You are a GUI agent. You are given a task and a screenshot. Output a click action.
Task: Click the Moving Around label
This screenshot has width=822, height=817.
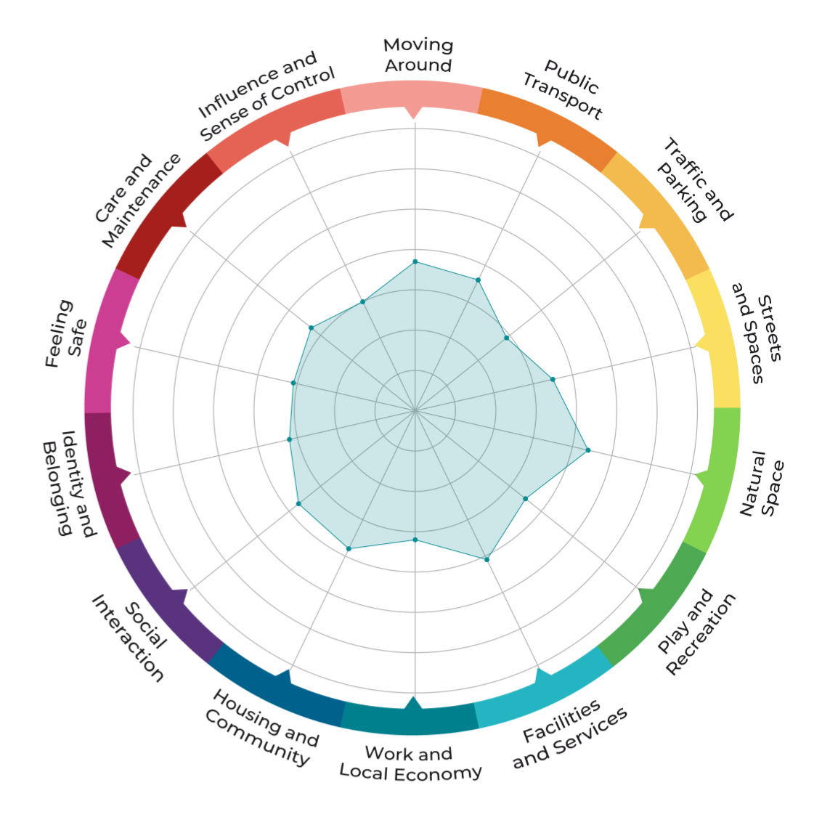coord(418,55)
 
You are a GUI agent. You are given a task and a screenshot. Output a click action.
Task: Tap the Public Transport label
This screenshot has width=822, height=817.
coord(563,89)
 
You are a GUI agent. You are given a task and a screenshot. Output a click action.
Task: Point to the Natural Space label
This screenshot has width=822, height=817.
coord(762,484)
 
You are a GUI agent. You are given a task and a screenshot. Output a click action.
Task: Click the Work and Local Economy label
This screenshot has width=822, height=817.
coord(410,763)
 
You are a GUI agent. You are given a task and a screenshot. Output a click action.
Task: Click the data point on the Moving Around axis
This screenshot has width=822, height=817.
coord(415,261)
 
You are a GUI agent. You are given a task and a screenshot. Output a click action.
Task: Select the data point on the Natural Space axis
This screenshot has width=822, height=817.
coord(587,450)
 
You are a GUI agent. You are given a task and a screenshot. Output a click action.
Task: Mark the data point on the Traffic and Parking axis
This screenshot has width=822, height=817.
coord(506,338)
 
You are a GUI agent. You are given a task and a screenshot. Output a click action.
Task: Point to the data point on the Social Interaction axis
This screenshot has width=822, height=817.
coord(298,503)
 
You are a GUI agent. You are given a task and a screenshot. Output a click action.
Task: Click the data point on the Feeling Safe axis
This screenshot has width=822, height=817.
coord(293,383)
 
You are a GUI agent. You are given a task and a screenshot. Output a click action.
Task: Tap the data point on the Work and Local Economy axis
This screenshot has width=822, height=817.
coord(415,540)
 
